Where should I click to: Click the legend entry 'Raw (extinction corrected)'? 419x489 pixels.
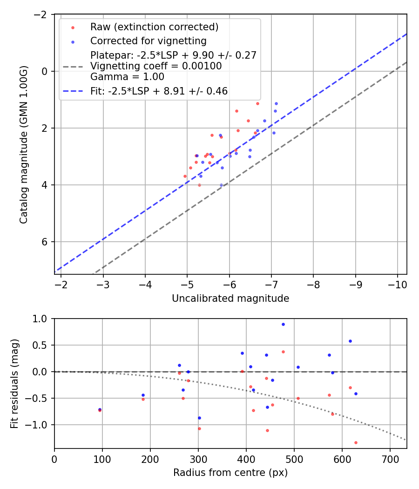click(154, 27)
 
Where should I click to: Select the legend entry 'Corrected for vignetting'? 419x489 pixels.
click(148, 41)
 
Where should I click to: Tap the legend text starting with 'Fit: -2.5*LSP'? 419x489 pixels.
click(159, 91)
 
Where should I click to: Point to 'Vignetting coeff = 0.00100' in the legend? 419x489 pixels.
click(156, 66)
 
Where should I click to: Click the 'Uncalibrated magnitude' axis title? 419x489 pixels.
click(230, 299)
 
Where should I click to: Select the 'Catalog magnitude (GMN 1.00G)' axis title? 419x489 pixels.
click(24, 144)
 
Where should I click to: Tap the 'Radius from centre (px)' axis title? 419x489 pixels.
click(230, 473)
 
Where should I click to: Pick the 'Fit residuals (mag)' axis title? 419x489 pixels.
click(14, 383)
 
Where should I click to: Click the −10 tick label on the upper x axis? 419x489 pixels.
click(397, 284)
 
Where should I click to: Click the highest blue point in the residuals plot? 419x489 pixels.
click(283, 324)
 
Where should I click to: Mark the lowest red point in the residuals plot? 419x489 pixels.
click(356, 442)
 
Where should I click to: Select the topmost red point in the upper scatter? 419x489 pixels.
click(257, 103)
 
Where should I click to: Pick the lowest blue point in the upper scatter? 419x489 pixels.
click(221, 185)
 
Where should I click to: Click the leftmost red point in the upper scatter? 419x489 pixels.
click(185, 176)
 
